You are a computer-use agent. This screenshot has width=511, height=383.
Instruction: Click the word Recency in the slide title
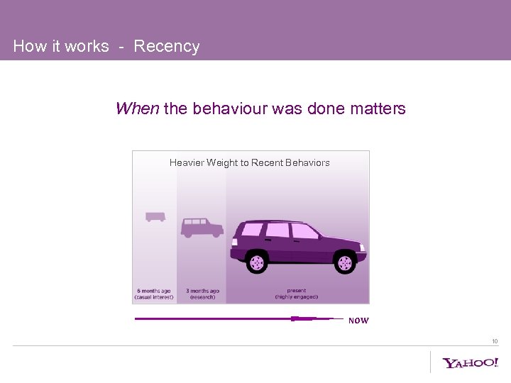[x=167, y=47]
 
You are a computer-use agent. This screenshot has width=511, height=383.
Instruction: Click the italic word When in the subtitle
[x=137, y=109]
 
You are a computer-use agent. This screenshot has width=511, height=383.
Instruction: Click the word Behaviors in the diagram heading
[x=307, y=162]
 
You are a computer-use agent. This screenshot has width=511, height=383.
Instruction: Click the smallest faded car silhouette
[x=155, y=216]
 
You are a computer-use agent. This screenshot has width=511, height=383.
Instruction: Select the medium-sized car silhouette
[x=202, y=227]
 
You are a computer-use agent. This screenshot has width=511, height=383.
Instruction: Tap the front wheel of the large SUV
[x=345, y=263]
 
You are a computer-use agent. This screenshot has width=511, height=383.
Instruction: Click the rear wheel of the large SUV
[x=257, y=263]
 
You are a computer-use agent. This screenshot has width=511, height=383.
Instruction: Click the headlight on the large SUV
[x=362, y=248]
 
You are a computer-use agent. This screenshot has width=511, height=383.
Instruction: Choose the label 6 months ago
[x=153, y=291]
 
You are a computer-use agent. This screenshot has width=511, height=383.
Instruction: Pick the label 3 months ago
[x=202, y=291]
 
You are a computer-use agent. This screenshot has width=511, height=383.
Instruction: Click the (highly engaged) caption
[x=297, y=296]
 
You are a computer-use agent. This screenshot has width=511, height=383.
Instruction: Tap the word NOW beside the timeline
[x=358, y=321]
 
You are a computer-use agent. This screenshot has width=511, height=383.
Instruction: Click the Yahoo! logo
[x=471, y=363]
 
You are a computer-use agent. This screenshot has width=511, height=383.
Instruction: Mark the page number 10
[x=495, y=341]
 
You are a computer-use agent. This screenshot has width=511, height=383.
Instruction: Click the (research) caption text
[x=202, y=296]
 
